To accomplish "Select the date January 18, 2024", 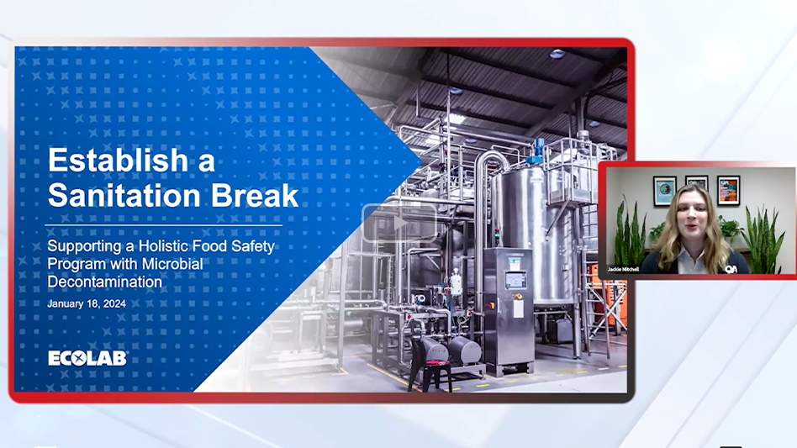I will point(87,303).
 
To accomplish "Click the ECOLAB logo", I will point(87,358).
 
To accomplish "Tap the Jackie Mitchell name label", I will point(623,269).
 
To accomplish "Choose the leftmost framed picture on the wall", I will point(664,191).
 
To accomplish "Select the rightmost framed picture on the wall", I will point(728,189).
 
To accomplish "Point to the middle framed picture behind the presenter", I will point(696,182).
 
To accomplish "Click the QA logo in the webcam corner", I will point(731,268).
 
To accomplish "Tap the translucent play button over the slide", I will point(398,223).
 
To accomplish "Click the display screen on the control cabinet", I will point(515,279).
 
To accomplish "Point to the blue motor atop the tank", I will point(539,150).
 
